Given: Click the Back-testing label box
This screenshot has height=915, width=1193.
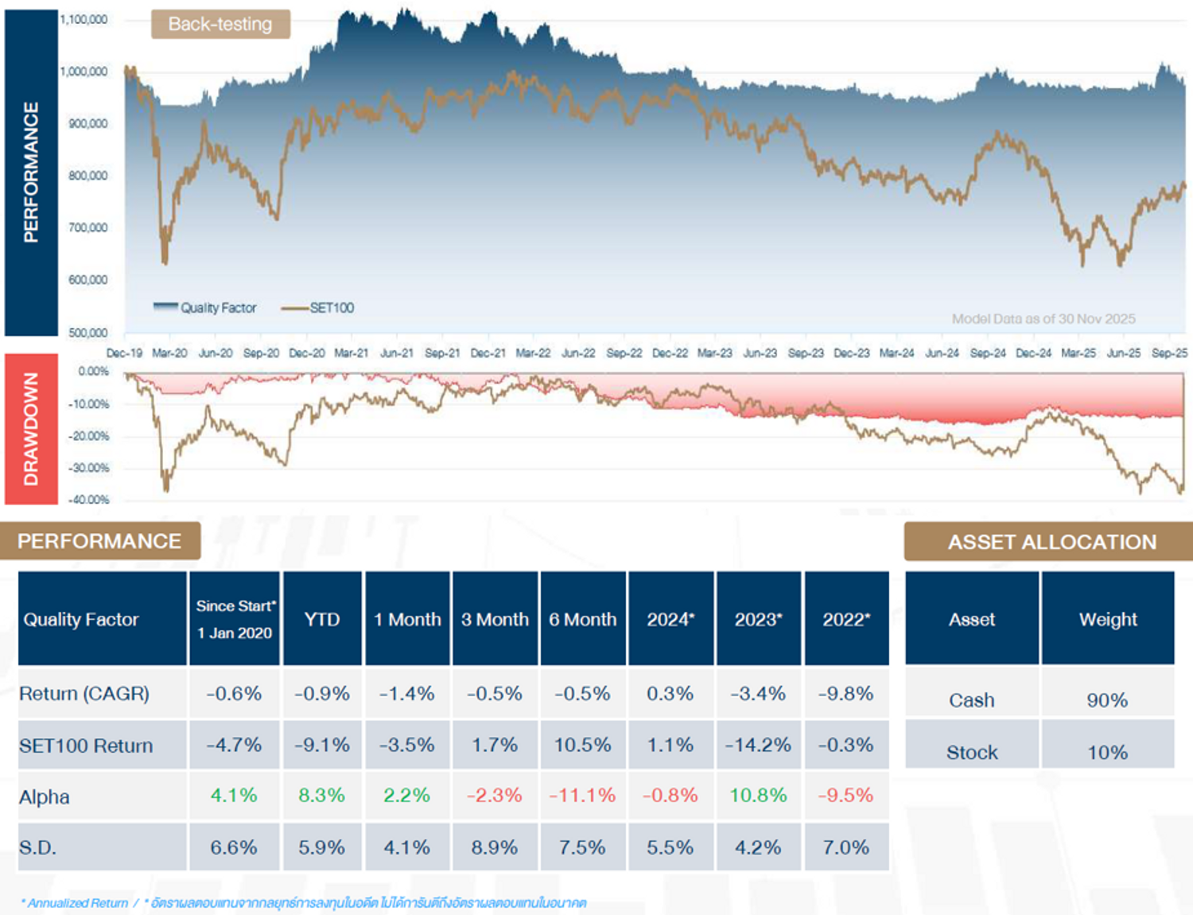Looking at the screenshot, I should (220, 24).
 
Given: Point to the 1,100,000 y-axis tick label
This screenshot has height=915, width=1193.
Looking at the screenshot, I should (84, 19).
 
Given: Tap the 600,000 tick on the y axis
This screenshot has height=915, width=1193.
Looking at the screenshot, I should (87, 280).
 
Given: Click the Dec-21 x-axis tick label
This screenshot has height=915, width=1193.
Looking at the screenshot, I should (488, 353).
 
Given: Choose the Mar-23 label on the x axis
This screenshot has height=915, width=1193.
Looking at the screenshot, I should (714, 353).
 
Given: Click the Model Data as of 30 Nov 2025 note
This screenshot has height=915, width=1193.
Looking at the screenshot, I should (1043, 319).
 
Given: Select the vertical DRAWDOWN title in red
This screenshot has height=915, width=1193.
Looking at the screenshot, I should (31, 429).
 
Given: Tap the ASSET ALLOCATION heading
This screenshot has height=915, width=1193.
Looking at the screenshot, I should (1051, 542).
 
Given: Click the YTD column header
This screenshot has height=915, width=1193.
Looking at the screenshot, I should (322, 619).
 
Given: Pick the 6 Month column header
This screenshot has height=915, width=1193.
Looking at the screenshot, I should (582, 619).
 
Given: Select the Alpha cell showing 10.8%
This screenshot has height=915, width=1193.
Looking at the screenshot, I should (758, 795).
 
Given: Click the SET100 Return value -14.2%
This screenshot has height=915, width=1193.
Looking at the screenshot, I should (758, 745).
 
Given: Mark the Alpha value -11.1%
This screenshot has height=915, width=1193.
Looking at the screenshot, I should (582, 795).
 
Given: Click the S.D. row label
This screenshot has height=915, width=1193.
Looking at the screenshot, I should (38, 847).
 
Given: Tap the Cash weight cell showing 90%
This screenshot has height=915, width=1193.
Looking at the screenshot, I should (1107, 700).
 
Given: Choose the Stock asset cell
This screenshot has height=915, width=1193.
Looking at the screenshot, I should (971, 752).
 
